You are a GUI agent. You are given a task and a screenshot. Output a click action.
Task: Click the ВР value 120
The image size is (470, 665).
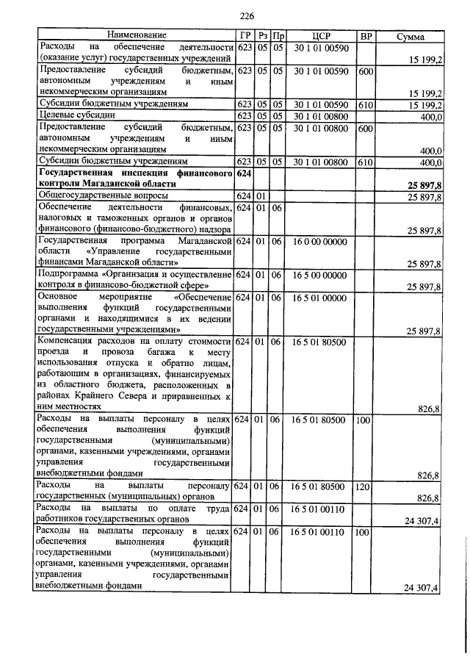(364, 486)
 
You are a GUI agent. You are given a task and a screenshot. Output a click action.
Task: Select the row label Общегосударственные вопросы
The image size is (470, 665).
(103, 196)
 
